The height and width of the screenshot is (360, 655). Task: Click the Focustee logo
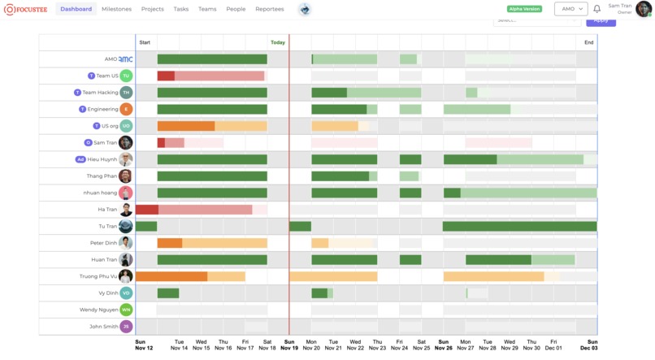coord(26,9)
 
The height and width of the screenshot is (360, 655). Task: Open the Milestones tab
coord(116,9)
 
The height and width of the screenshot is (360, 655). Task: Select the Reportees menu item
coord(270,9)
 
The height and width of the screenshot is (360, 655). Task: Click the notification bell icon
coord(596,9)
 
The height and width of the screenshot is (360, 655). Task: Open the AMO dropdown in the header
coord(570,9)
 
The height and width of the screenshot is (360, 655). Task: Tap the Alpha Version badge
coord(524,9)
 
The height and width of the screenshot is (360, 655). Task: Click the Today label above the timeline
coord(278,42)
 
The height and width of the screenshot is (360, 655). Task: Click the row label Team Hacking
coord(101,93)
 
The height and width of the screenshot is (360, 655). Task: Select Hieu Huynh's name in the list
coord(102,159)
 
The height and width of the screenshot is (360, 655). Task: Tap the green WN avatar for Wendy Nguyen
coord(126,310)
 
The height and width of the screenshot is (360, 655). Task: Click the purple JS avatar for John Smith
coord(126,327)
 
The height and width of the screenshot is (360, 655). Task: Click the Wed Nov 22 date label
coord(355,345)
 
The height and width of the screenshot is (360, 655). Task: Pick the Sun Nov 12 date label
coord(144,345)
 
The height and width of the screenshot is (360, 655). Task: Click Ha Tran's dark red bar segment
coord(147,210)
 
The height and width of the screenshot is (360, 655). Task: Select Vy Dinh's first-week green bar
coord(168,293)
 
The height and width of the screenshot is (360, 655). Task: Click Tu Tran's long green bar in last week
coord(519,226)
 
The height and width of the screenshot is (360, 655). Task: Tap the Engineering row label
coord(103,109)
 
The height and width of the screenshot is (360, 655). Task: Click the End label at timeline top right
coord(588,42)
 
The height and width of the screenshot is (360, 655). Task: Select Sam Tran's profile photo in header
coord(643,9)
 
